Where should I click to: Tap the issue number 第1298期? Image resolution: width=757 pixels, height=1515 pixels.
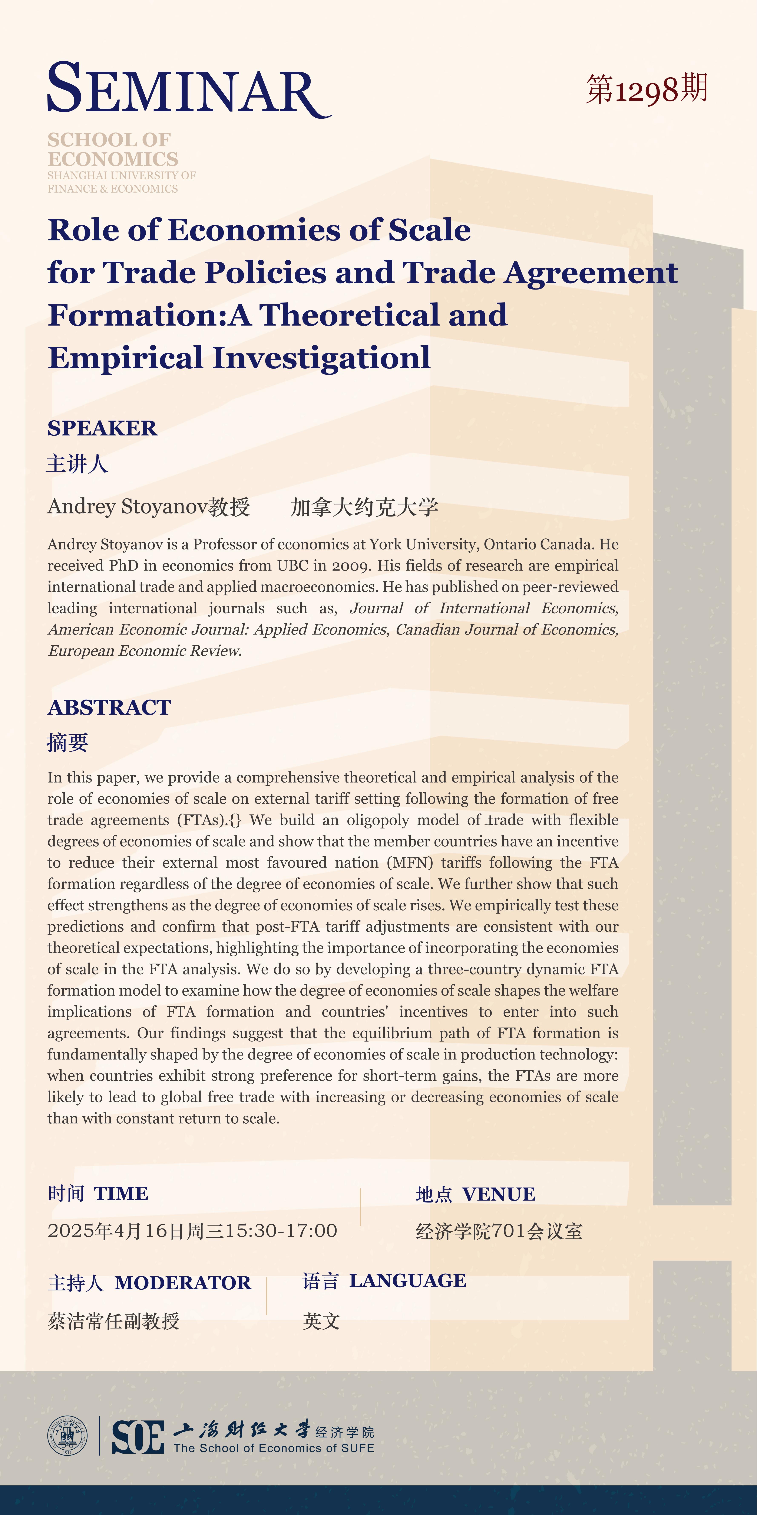(x=647, y=89)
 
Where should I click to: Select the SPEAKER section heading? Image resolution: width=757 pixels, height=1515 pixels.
(x=102, y=428)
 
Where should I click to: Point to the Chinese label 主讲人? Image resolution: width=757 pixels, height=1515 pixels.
(x=77, y=464)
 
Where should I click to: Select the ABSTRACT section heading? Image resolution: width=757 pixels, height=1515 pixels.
(x=109, y=708)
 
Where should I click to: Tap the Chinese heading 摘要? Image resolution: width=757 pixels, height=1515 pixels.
(x=68, y=743)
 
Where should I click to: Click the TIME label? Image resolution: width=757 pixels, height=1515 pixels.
(x=121, y=1193)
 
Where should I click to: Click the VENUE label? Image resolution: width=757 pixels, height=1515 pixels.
(x=498, y=1195)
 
